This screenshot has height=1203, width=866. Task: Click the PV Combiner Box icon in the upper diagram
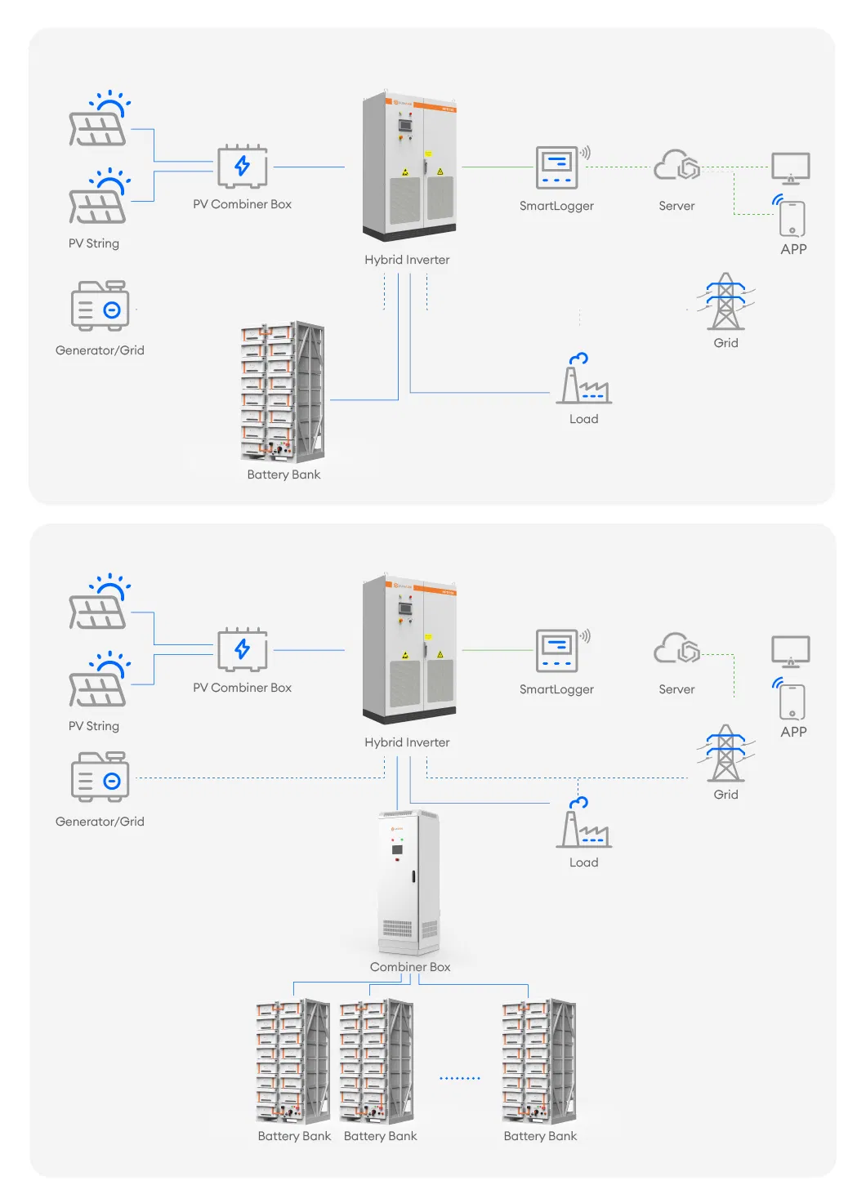(243, 166)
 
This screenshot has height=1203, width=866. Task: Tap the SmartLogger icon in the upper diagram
(557, 167)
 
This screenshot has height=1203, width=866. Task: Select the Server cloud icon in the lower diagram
(676, 650)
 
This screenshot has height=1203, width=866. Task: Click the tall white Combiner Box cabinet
(408, 882)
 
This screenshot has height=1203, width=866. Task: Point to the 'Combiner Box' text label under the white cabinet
(410, 967)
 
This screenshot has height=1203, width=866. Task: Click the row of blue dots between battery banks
(460, 1079)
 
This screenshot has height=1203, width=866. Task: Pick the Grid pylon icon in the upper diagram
(725, 301)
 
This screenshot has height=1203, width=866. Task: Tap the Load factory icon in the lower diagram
(583, 824)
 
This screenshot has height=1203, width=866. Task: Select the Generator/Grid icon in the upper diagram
(100, 306)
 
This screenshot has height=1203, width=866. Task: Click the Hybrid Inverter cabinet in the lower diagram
(409, 648)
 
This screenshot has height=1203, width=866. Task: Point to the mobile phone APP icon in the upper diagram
(792, 217)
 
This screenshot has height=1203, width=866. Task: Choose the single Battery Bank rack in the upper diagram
(283, 392)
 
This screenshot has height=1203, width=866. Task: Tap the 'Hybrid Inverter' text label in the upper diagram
(407, 260)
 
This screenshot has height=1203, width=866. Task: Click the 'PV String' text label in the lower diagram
(94, 726)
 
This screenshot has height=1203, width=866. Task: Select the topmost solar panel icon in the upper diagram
(99, 122)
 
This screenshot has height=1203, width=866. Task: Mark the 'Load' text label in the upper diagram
(583, 419)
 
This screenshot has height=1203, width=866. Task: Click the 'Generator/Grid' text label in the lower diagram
(100, 822)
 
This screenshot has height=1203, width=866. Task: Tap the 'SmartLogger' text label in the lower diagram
(556, 689)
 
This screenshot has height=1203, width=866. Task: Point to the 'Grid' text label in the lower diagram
(725, 795)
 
